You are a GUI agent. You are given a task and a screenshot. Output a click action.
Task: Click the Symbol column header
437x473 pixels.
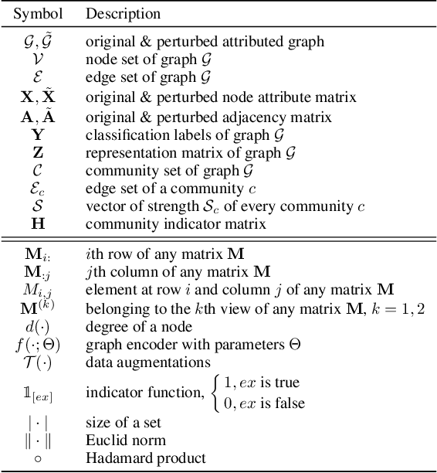tap(36, 14)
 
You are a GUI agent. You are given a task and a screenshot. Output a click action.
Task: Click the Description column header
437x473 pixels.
tap(123, 14)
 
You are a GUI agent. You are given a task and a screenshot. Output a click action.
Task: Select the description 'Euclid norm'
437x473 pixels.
tap(125, 441)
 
